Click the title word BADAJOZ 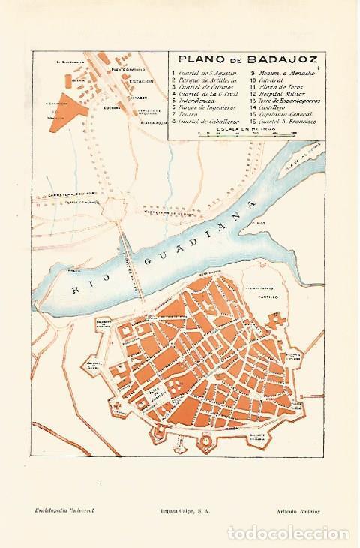289,59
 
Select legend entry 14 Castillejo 269,106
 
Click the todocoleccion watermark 289,534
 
